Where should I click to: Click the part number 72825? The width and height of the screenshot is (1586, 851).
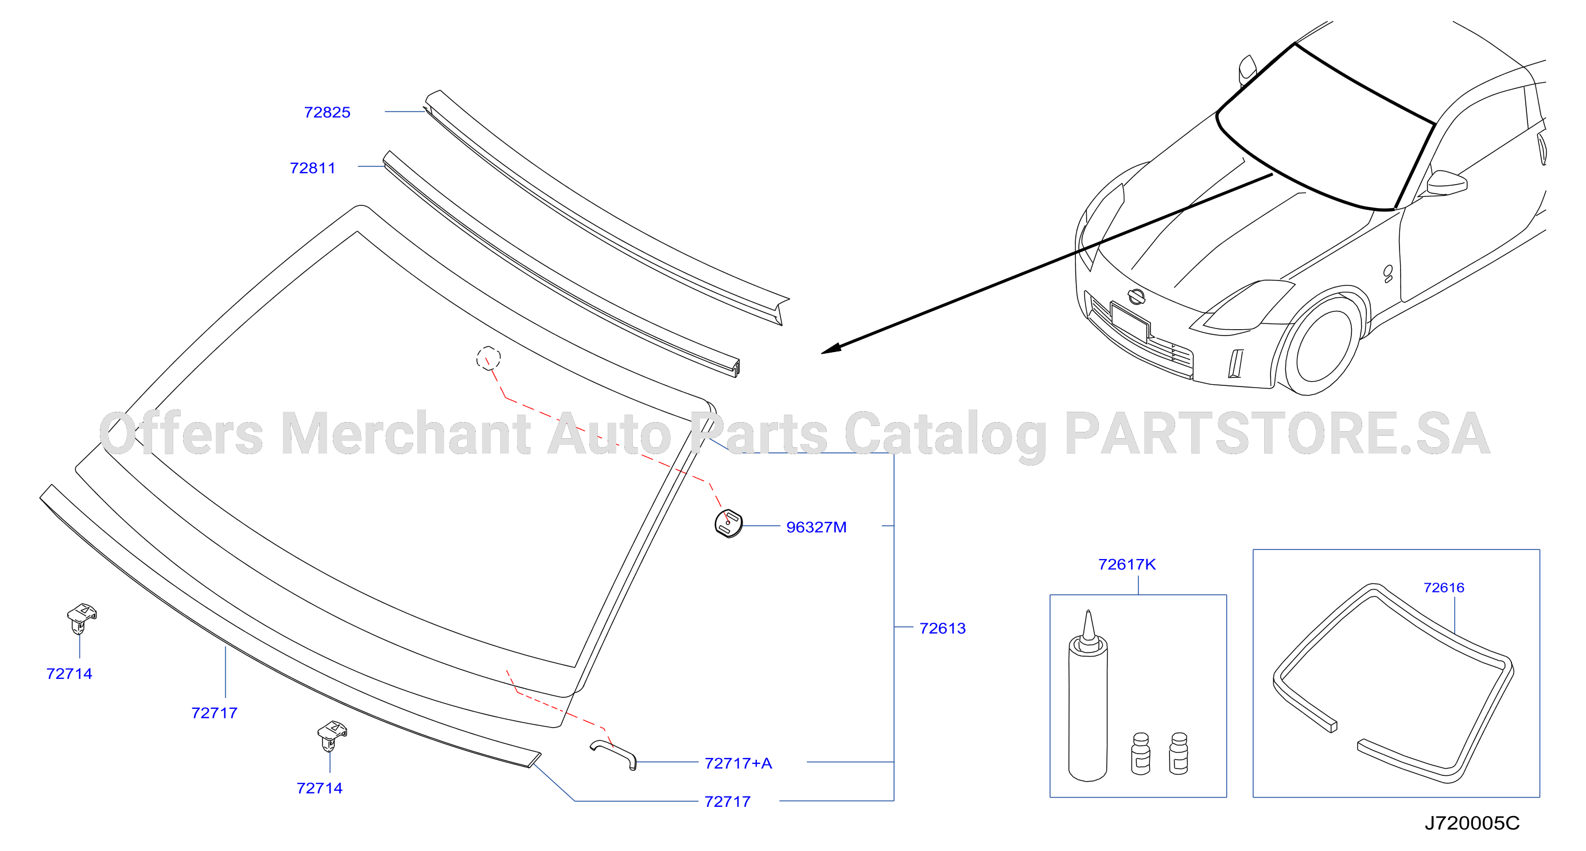327,112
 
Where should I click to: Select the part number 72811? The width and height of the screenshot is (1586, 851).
313,168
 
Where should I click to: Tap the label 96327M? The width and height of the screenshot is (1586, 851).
817,528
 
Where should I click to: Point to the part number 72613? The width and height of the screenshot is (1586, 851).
943,629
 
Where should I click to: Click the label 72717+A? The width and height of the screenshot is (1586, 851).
738,763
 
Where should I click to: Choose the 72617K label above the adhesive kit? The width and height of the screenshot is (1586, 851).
1128,564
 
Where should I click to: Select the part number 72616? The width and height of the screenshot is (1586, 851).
1444,588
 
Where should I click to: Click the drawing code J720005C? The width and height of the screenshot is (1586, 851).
1472,823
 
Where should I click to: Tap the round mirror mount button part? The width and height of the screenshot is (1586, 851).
728,524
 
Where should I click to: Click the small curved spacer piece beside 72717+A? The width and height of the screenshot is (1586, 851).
614,754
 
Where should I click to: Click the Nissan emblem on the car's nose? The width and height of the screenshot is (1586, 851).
1136,296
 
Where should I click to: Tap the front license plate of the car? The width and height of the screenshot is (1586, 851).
1130,321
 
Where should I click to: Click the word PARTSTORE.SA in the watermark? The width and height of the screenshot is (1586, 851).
1277,434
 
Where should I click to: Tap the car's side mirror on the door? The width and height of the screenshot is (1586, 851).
1447,183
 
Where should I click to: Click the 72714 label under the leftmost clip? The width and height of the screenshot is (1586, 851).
69,674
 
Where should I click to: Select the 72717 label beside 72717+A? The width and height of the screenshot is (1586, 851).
728,802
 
